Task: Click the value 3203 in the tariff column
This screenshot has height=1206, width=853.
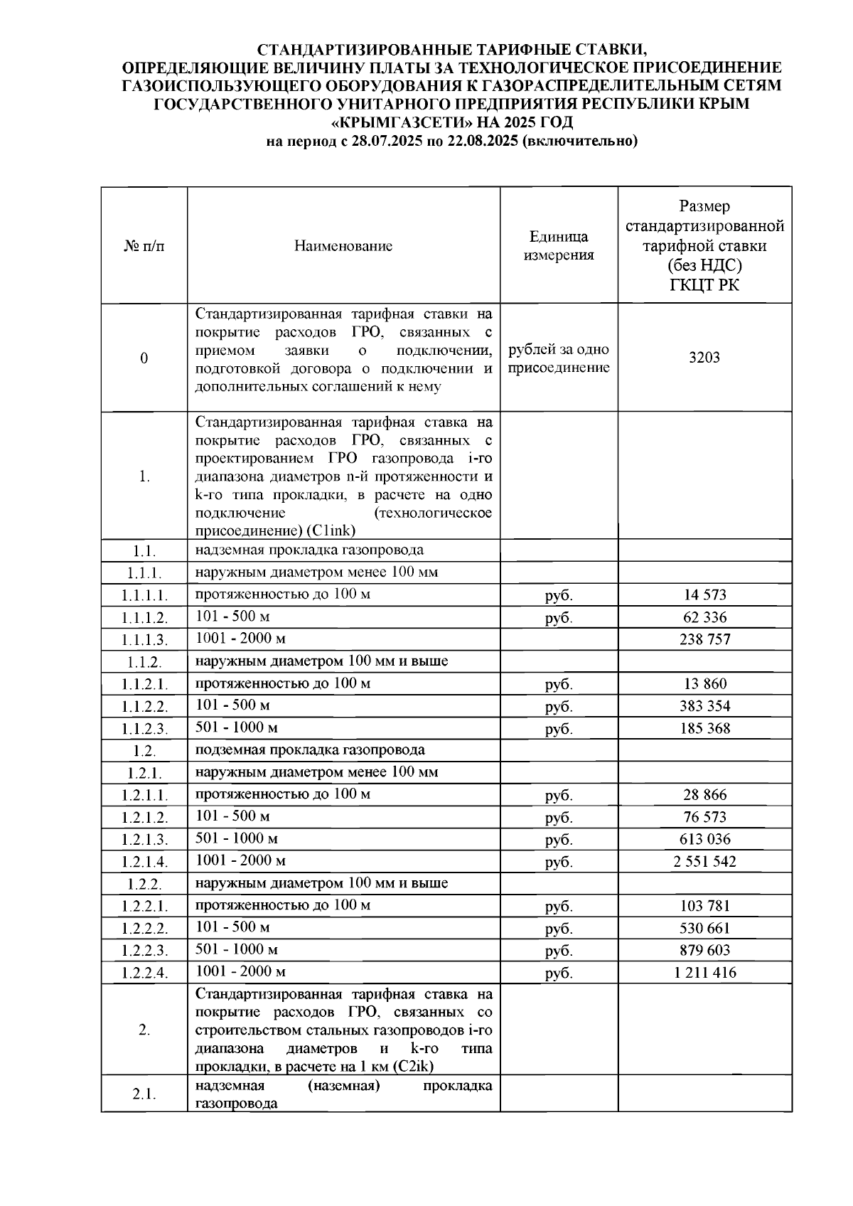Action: pyautogui.click(x=704, y=358)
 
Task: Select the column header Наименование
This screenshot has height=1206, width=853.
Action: pyautogui.click(x=343, y=246)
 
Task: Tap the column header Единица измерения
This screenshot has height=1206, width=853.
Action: pyautogui.click(x=559, y=246)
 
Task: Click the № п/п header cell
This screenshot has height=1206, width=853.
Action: pyautogui.click(x=144, y=246)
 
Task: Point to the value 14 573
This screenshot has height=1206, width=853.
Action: pyautogui.click(x=704, y=594)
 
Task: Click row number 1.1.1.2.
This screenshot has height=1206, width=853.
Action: pyautogui.click(x=144, y=618)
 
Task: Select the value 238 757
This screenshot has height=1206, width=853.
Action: pyautogui.click(x=704, y=639)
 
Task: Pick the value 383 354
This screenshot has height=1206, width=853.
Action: pyautogui.click(x=704, y=706)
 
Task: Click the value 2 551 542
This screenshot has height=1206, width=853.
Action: pyautogui.click(x=704, y=862)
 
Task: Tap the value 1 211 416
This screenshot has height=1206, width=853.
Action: pyautogui.click(x=704, y=973)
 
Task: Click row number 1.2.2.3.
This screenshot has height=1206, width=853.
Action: pyautogui.click(x=144, y=951)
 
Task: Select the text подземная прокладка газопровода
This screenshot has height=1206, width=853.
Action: pyautogui.click(x=310, y=749)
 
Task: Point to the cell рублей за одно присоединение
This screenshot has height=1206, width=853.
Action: pyautogui.click(x=559, y=358)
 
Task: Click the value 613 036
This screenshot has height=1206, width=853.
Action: pyautogui.click(x=704, y=839)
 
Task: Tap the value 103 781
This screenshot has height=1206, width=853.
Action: pyautogui.click(x=704, y=906)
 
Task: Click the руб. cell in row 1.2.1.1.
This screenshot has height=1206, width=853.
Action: pyautogui.click(x=559, y=795)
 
